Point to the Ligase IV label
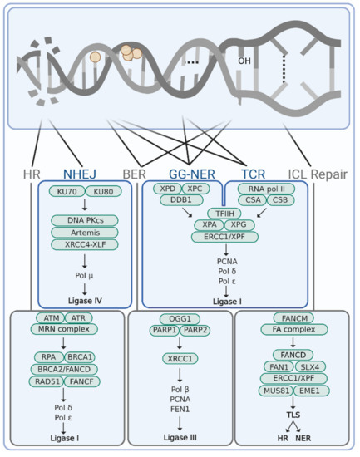(86, 296)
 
